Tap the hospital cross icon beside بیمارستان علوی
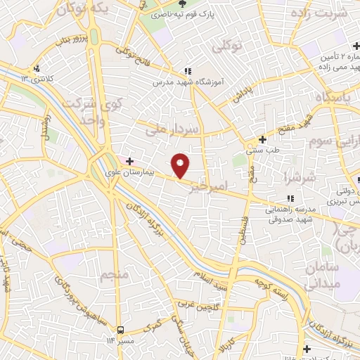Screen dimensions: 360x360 (x=130, y=161)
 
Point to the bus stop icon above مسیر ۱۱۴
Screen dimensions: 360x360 (x=121, y=329)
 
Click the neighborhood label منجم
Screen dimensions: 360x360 (x=114, y=274)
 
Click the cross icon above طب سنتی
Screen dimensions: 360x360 (x=262, y=139)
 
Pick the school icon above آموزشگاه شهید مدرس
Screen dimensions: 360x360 (x=187, y=71)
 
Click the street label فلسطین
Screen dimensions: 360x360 (x=243, y=230)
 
